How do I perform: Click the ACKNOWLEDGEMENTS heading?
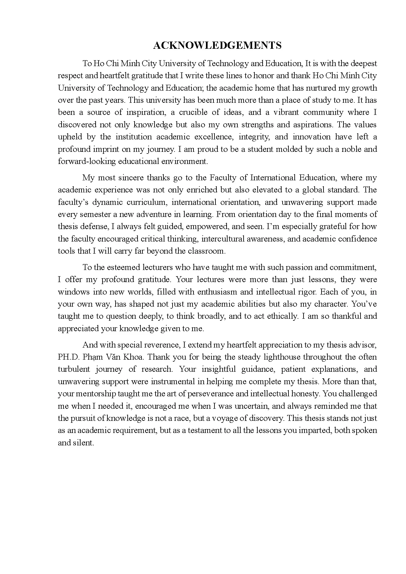pos(217,45)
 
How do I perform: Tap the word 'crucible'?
pos(193,112)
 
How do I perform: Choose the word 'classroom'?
pos(207,251)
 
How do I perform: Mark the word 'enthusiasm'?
pos(228,292)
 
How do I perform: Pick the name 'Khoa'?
pos(133,357)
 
